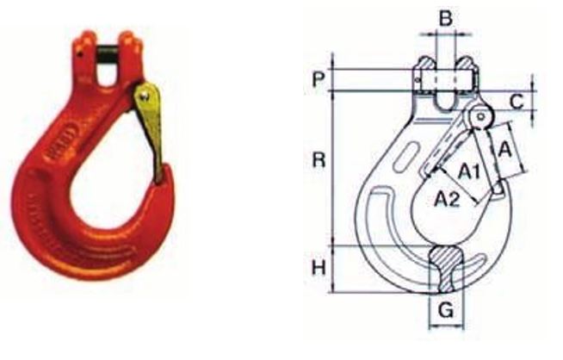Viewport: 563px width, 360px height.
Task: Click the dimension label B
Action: pyautogui.click(x=446, y=18)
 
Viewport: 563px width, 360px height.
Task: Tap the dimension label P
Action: pyautogui.click(x=319, y=79)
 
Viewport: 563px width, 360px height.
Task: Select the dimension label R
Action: pyautogui.click(x=319, y=159)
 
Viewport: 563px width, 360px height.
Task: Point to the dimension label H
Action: pyautogui.click(x=319, y=268)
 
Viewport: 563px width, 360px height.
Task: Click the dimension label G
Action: pyautogui.click(x=446, y=310)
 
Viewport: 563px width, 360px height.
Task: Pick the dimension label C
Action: pyautogui.click(x=517, y=102)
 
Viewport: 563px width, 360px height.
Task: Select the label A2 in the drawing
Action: pyautogui.click(x=447, y=199)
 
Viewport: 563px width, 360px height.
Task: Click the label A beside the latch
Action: pyautogui.click(x=505, y=150)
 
